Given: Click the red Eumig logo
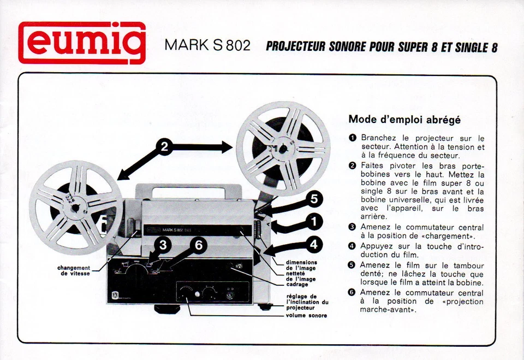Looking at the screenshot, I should (x=82, y=43).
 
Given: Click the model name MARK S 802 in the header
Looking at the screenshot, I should (x=207, y=45).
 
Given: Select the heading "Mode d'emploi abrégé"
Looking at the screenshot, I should (x=404, y=119).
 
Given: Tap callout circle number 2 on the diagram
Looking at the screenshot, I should (x=164, y=146).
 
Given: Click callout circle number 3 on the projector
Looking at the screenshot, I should (x=163, y=246).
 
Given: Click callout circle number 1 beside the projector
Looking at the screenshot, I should (x=314, y=222).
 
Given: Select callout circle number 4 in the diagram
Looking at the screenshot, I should (x=313, y=245).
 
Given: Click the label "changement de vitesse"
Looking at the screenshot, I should (x=74, y=270).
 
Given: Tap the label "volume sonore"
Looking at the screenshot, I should (x=306, y=316).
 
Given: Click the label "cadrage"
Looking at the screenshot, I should (x=297, y=285).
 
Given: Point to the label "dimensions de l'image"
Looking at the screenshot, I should (x=301, y=265).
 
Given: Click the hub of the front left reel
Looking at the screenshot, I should (x=76, y=208).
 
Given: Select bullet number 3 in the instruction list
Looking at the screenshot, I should (x=352, y=227).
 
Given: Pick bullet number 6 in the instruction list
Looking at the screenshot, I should (x=352, y=293).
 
